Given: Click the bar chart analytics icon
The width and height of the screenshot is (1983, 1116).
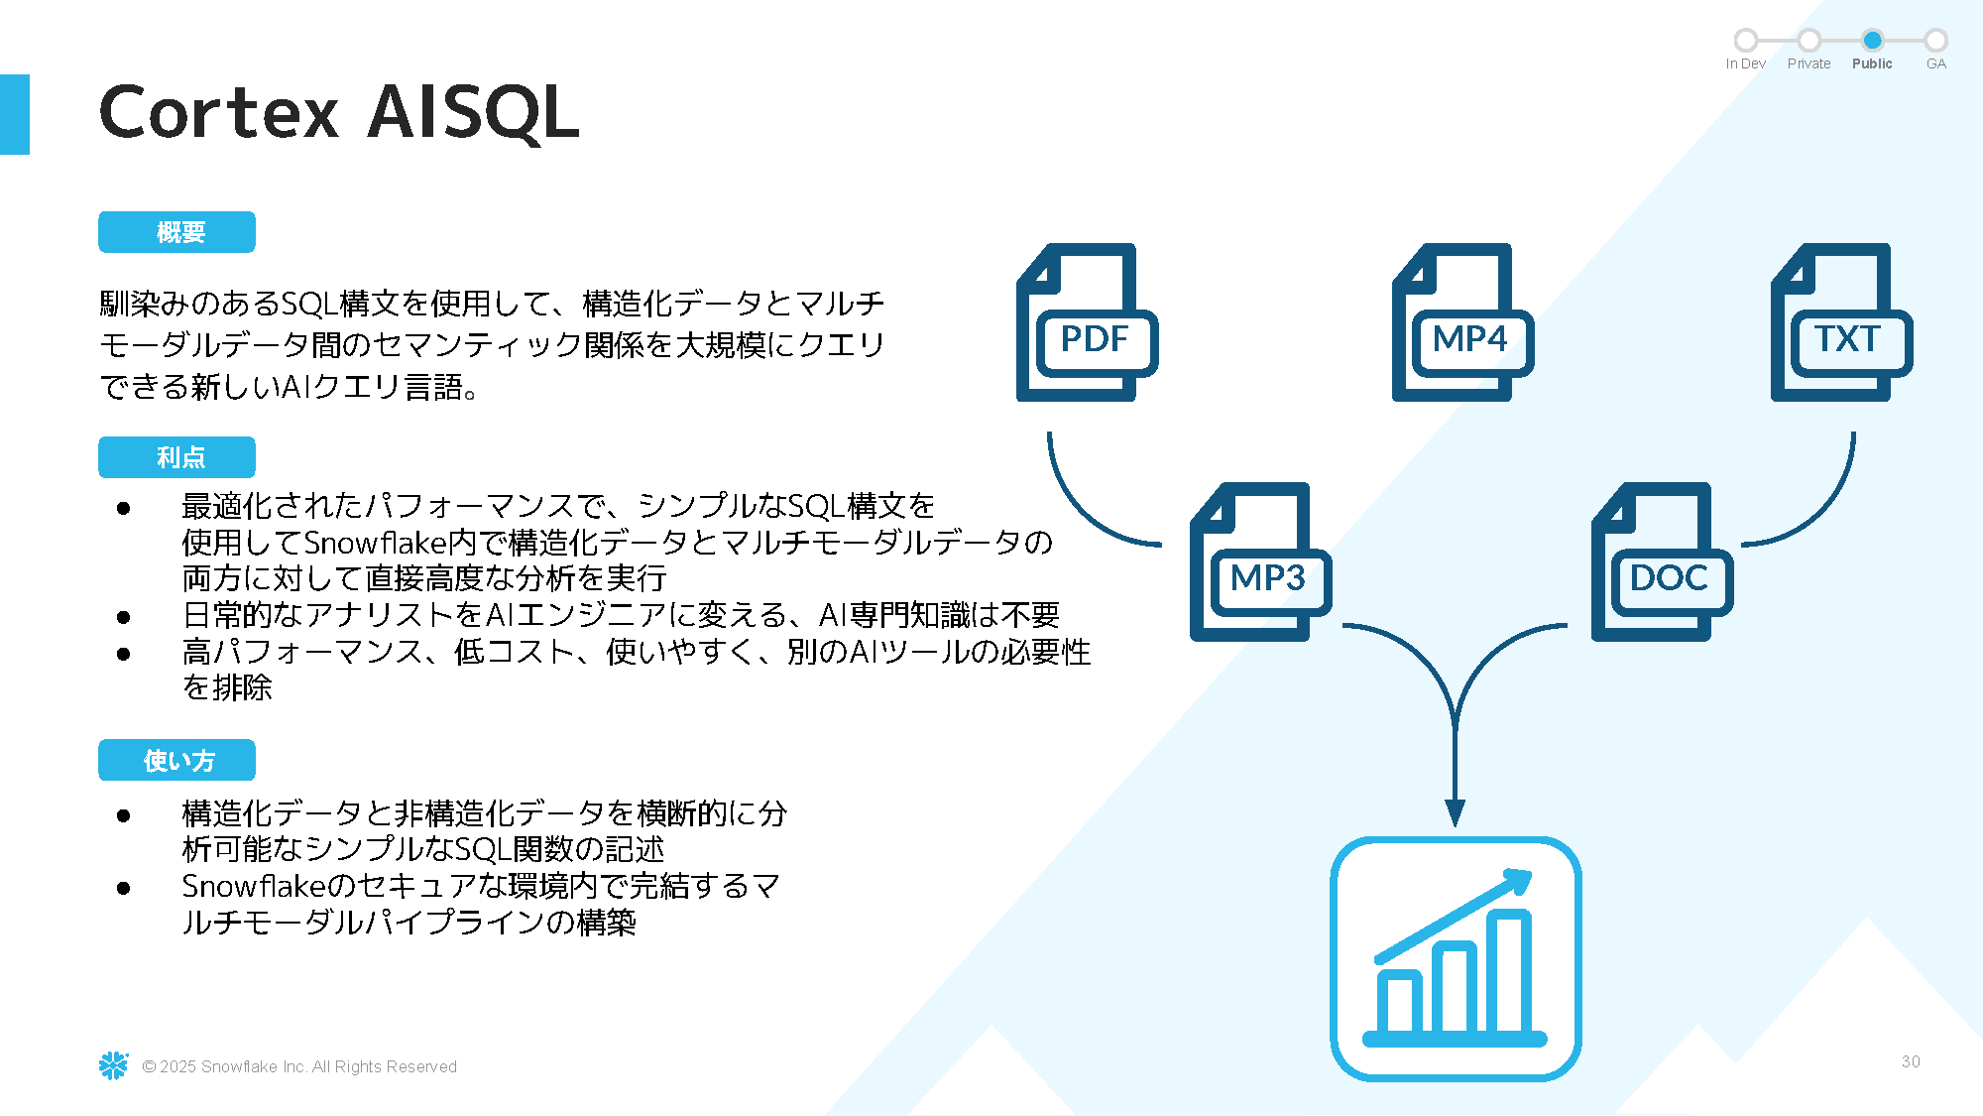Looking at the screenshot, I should (1455, 958).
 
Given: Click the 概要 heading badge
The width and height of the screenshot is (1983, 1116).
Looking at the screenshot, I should (176, 232).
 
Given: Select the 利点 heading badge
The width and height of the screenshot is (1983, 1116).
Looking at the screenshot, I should (176, 457).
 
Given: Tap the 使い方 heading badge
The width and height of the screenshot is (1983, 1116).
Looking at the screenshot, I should (176, 761).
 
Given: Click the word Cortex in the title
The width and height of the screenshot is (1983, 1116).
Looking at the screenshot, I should (219, 112).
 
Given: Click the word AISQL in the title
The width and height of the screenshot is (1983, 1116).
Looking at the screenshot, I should (473, 112).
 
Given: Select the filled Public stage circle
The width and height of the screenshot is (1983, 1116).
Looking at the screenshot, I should (1872, 41).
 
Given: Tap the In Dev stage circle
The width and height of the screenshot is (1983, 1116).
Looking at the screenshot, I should (1746, 41).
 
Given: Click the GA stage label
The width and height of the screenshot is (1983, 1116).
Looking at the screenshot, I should (1935, 63).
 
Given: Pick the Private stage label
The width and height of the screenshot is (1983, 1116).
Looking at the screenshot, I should (1808, 63).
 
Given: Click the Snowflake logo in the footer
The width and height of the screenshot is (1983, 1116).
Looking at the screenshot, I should (114, 1065).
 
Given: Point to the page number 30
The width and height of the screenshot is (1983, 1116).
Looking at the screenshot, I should (1911, 1061).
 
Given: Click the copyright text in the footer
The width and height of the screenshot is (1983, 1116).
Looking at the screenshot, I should (299, 1066).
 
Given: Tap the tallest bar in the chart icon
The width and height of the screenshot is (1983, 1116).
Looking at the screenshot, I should (1510, 972).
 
